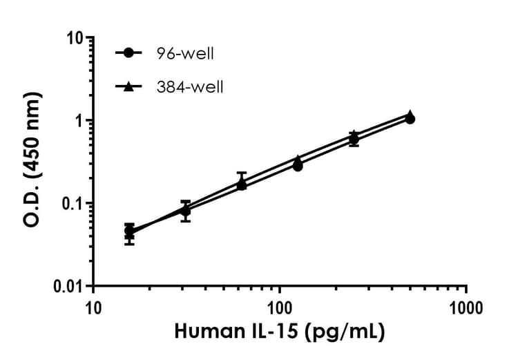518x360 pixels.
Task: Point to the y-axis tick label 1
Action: click(78, 120)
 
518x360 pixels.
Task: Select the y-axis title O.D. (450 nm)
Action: click(32, 161)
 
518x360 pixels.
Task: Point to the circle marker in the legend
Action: click(129, 53)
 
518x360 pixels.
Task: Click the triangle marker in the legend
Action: click(129, 86)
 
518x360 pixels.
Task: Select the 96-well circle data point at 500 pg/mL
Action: click(410, 119)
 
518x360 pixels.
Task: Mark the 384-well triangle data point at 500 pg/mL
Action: click(410, 114)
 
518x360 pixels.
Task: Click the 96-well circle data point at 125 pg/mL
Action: click(298, 166)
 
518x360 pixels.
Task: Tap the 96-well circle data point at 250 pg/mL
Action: click(354, 140)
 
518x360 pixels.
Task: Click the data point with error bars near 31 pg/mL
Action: click(185, 211)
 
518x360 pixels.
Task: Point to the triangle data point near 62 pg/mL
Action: click(242, 182)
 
